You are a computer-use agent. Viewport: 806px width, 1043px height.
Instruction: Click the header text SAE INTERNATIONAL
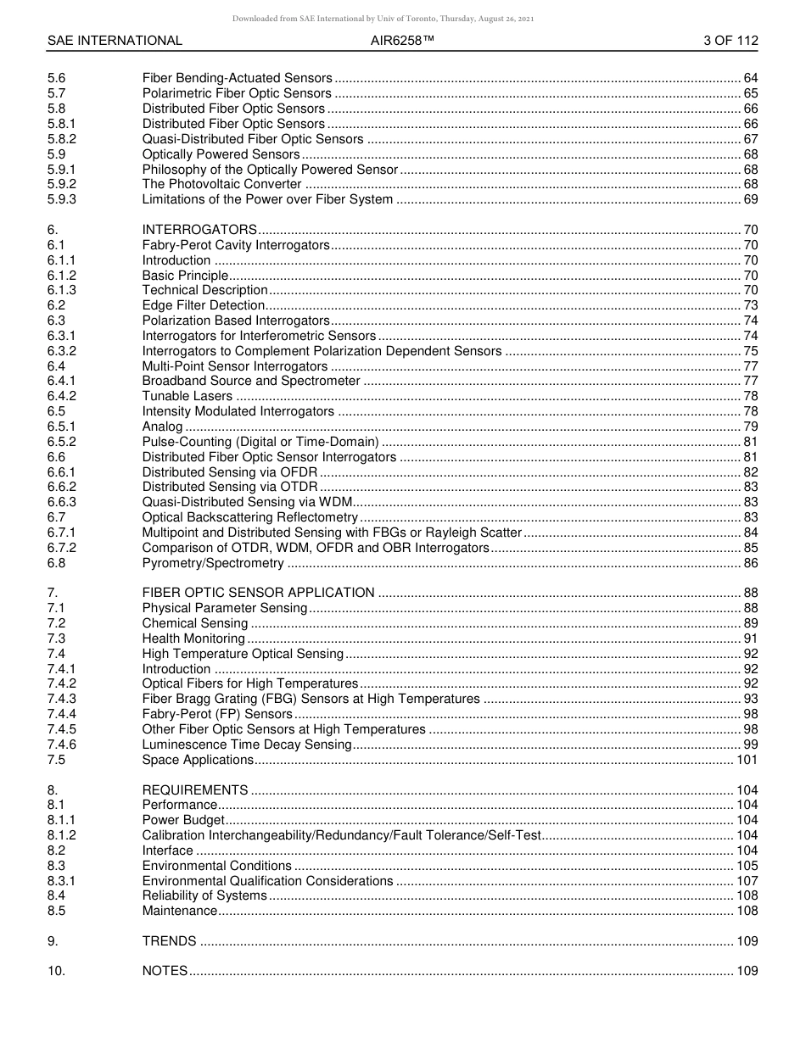(x=115, y=41)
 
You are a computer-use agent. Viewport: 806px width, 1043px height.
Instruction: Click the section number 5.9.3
(x=62, y=200)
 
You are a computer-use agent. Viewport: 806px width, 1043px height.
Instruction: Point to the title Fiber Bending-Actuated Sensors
(x=237, y=79)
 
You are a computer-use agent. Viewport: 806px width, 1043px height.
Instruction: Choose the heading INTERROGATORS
(x=199, y=230)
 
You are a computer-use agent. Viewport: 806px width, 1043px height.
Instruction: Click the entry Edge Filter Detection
(x=204, y=305)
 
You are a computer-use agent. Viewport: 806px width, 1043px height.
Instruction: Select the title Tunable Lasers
(x=187, y=396)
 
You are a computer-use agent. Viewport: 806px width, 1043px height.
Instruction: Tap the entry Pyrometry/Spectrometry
(x=213, y=563)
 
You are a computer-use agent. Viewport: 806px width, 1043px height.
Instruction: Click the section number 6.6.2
(x=62, y=487)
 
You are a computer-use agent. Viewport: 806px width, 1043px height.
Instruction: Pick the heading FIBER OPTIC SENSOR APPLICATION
(x=258, y=593)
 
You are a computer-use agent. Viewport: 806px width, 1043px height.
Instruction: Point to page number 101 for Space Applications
(x=747, y=760)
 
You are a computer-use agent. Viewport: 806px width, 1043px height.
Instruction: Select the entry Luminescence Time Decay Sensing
(x=246, y=745)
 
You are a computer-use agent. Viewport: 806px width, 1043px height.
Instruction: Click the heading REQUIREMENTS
(x=195, y=790)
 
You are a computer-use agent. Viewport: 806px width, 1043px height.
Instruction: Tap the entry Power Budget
(x=183, y=820)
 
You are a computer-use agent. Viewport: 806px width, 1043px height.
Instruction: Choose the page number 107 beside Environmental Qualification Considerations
(x=747, y=881)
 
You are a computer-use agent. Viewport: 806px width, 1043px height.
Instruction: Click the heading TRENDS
(x=169, y=941)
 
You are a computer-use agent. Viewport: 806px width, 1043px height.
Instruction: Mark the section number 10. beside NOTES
(x=55, y=972)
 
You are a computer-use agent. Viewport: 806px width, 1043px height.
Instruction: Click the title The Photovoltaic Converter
(x=221, y=185)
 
